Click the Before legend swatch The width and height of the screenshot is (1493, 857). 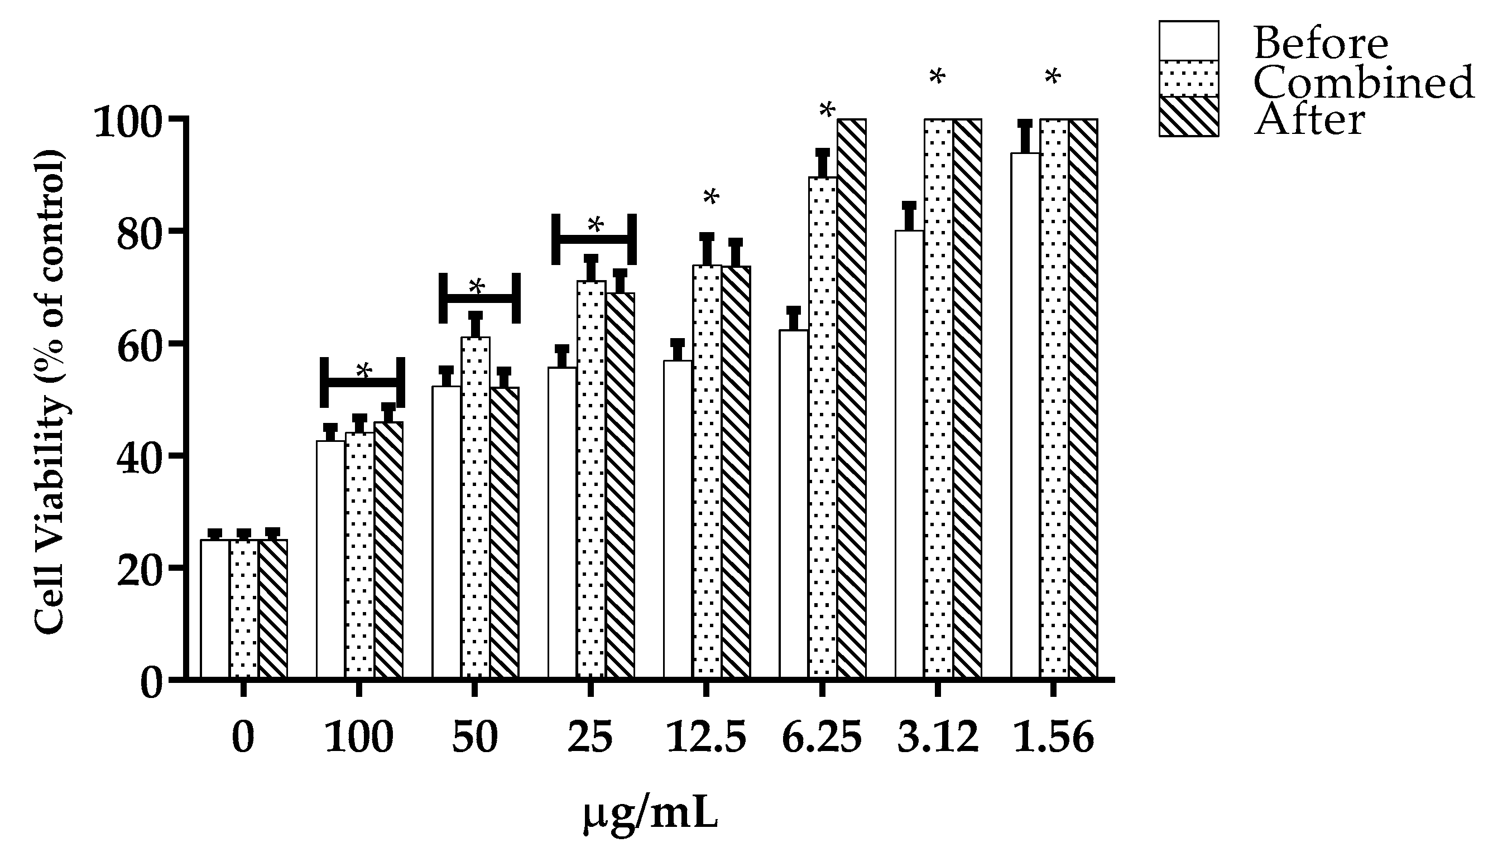1189,40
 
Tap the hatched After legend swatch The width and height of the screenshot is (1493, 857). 1189,117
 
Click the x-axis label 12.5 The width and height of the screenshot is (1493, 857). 706,738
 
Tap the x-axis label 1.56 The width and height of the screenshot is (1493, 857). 1053,738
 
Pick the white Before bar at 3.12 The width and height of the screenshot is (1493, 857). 909,453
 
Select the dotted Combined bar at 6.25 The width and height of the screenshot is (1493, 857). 823,427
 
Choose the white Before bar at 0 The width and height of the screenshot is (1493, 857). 214,609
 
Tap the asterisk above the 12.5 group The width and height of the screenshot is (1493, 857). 711,198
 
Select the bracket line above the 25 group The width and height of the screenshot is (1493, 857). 593,239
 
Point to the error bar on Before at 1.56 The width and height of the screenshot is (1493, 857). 1025,137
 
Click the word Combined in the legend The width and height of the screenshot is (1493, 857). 1364,83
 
